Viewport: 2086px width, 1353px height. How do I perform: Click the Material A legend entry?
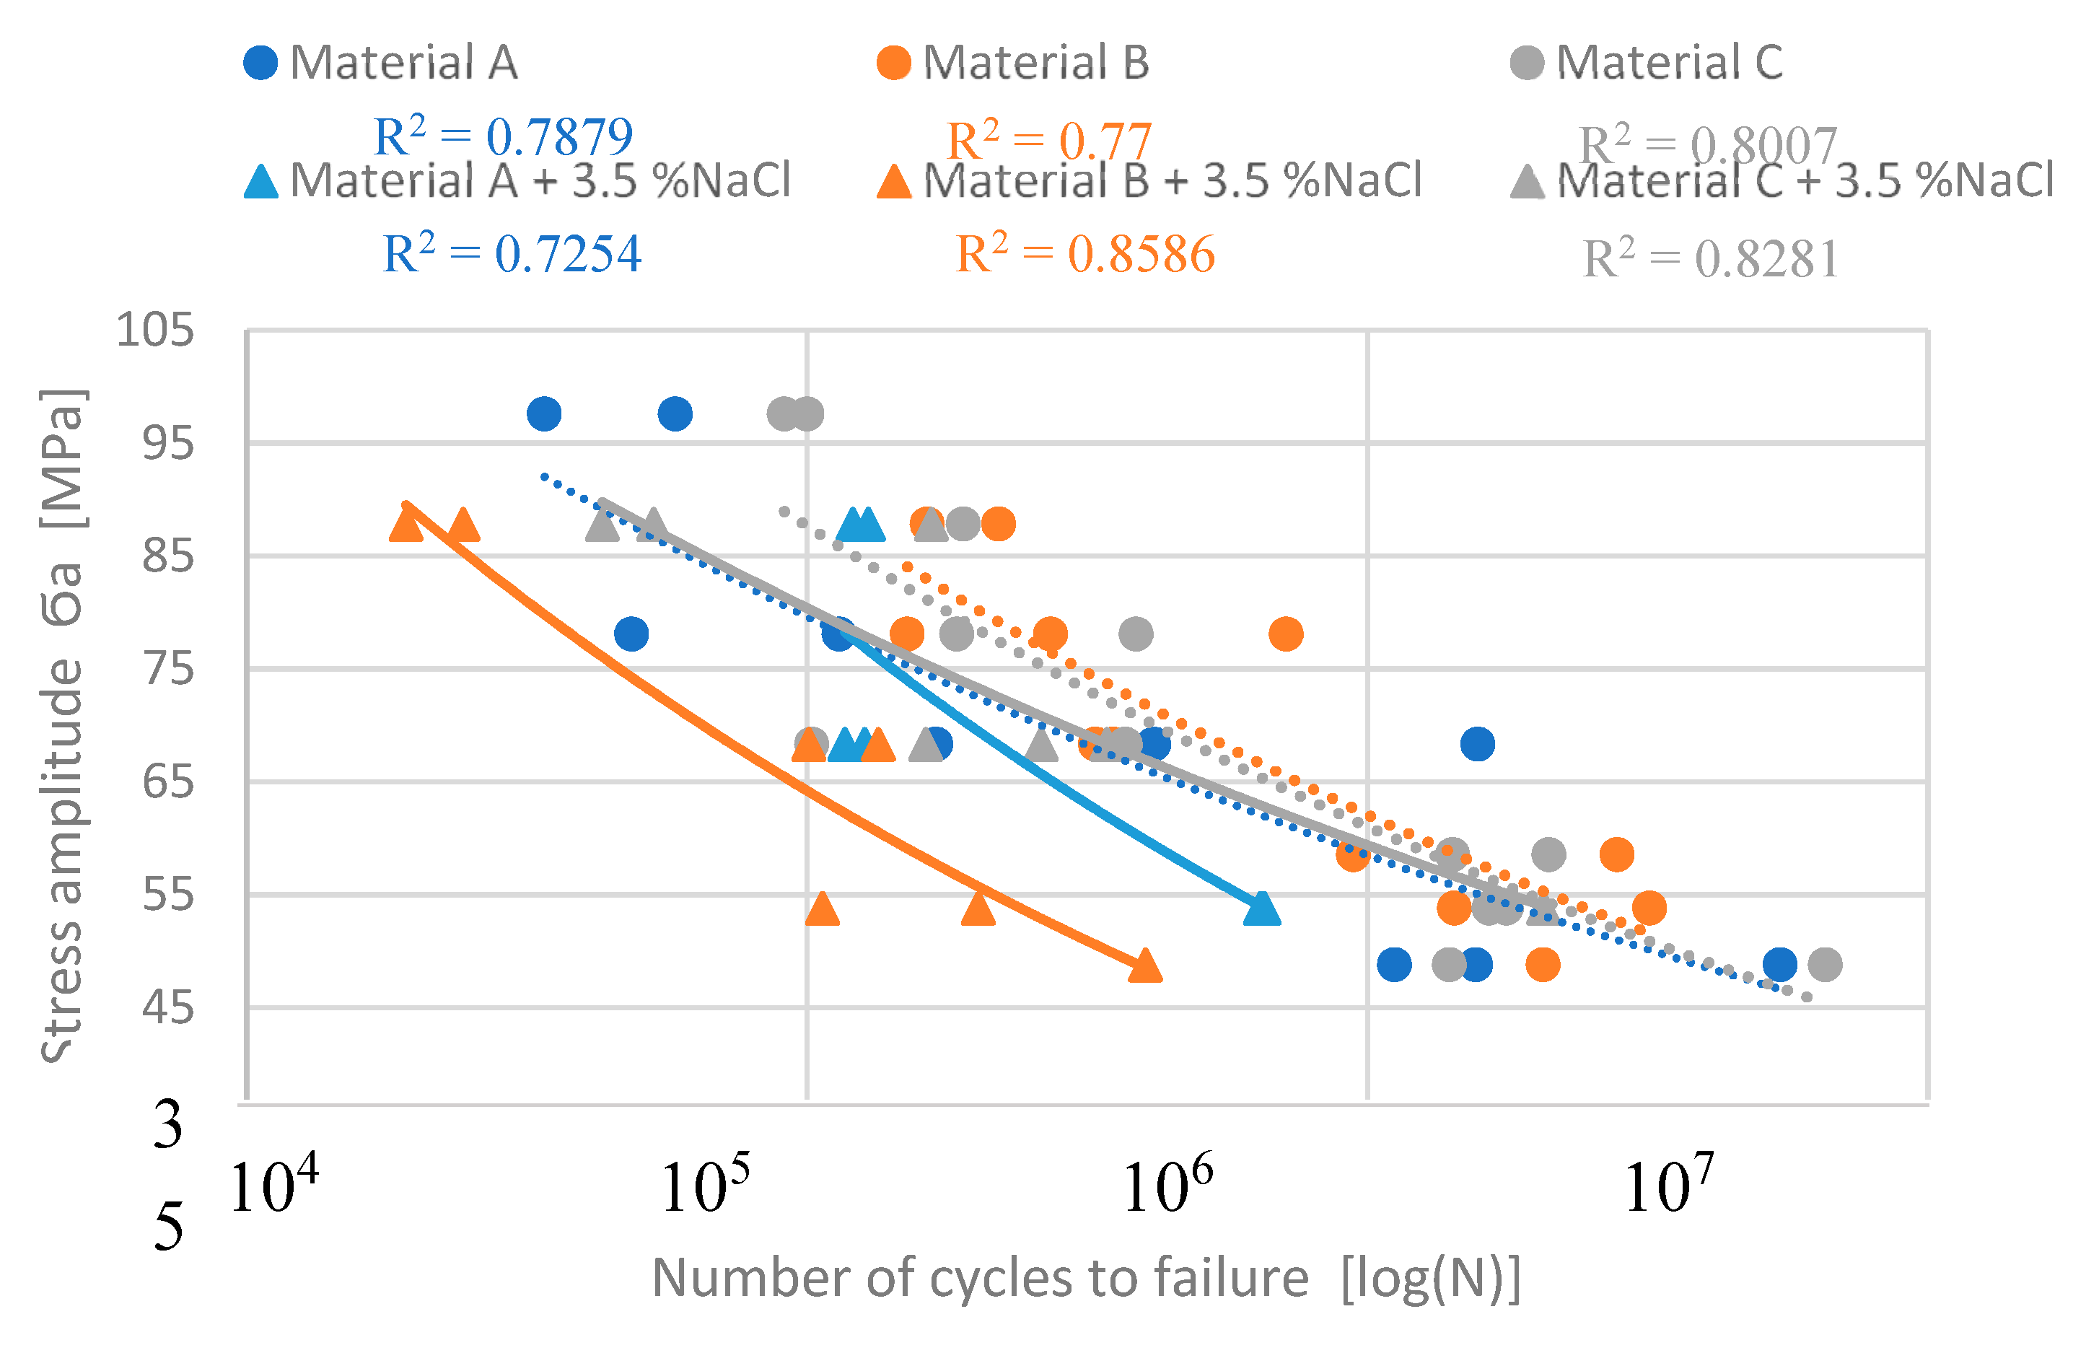[x=381, y=62]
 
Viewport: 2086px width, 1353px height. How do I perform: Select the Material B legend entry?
[x=1013, y=62]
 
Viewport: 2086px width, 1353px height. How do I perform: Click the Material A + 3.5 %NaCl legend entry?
[x=517, y=180]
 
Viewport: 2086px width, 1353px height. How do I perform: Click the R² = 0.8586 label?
[x=1085, y=254]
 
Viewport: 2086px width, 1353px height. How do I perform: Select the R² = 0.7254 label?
[x=512, y=254]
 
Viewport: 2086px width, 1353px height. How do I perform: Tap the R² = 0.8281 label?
[x=1710, y=258]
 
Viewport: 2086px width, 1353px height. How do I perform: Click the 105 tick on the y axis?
[x=155, y=331]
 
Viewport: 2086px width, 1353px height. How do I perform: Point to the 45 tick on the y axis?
[x=167, y=1008]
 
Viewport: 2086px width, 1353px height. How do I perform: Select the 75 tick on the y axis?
[x=167, y=670]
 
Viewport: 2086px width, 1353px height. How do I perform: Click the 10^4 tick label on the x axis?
[x=273, y=1186]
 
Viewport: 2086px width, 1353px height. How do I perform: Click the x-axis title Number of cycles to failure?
[x=1086, y=1278]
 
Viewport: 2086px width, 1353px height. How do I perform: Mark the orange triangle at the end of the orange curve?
[x=1144, y=966]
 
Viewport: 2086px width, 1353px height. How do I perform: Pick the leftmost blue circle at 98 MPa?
[x=544, y=413]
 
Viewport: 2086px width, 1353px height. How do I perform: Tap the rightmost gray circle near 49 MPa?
[x=1825, y=965]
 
